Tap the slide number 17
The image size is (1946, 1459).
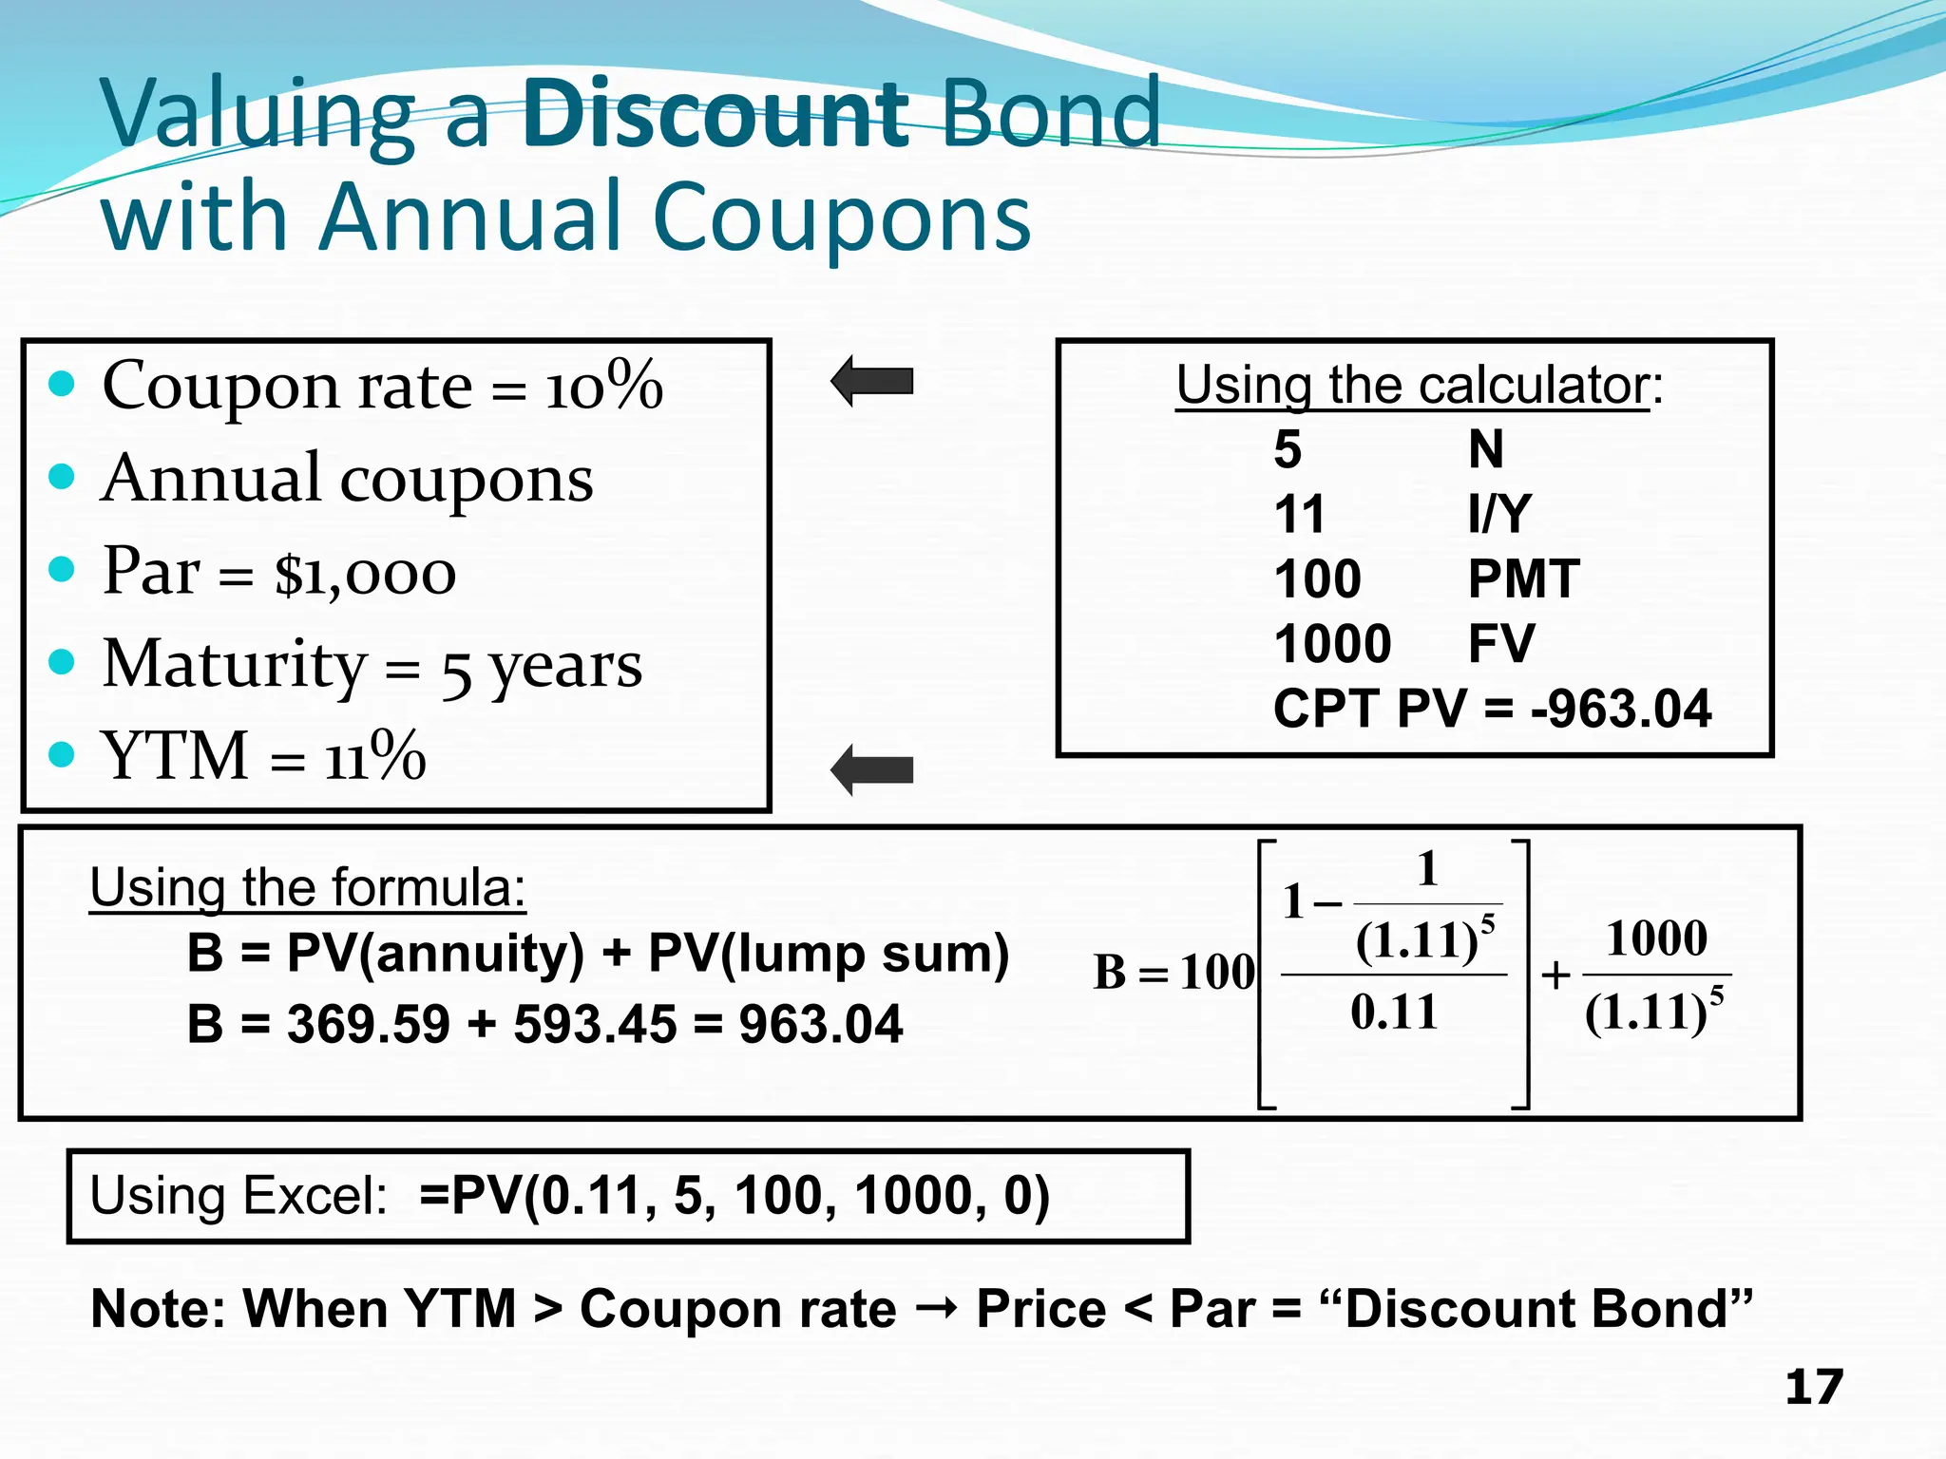1813,1388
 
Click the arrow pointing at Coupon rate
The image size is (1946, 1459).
872,381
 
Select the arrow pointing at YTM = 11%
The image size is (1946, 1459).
872,769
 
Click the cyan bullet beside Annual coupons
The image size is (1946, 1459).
62,477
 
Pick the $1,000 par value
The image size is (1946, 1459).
365,574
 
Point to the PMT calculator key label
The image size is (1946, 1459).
1523,578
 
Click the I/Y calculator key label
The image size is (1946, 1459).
1499,514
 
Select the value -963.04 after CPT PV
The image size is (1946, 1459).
1621,709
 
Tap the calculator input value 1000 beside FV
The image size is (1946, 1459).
1332,644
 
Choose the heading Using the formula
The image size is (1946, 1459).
307,888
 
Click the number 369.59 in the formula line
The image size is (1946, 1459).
368,1024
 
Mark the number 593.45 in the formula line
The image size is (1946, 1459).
594,1024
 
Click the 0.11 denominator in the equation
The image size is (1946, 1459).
1394,1013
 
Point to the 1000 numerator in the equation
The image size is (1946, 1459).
1656,938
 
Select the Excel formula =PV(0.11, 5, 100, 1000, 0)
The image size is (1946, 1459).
734,1195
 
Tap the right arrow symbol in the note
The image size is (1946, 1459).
936,1310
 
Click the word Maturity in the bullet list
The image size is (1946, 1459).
234,664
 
